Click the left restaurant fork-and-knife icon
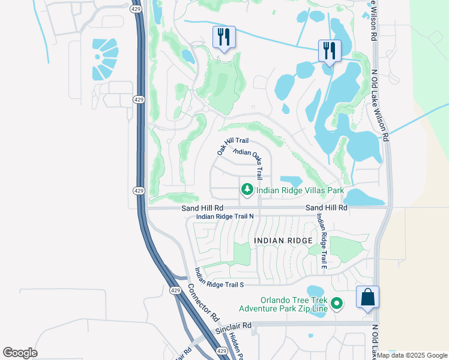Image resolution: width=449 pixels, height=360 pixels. click(x=224, y=38)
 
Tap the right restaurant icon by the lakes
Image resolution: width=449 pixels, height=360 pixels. click(x=329, y=50)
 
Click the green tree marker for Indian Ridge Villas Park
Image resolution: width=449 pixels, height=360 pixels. click(x=247, y=190)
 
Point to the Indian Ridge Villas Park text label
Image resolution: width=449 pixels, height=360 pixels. click(x=300, y=191)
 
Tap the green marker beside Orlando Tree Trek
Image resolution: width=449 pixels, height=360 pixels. click(x=337, y=304)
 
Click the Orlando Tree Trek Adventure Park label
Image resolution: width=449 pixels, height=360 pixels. click(x=285, y=304)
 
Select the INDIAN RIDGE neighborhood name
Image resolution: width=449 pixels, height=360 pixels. click(x=283, y=241)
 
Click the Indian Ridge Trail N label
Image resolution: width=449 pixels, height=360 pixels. click(x=225, y=216)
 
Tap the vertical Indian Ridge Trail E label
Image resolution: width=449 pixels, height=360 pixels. click(x=322, y=242)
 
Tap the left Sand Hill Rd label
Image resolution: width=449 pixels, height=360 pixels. click(x=202, y=208)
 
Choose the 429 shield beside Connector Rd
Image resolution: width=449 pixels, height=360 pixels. click(x=175, y=290)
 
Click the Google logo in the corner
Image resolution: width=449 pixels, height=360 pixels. click(x=20, y=353)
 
